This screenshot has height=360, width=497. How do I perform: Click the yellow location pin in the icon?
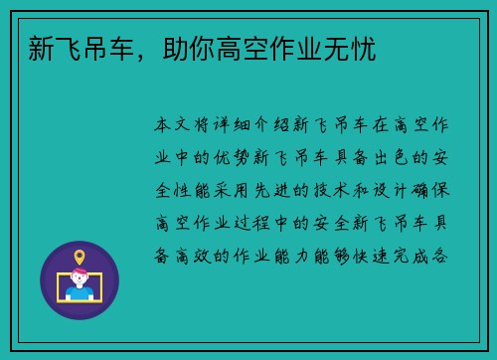tap(80, 258)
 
